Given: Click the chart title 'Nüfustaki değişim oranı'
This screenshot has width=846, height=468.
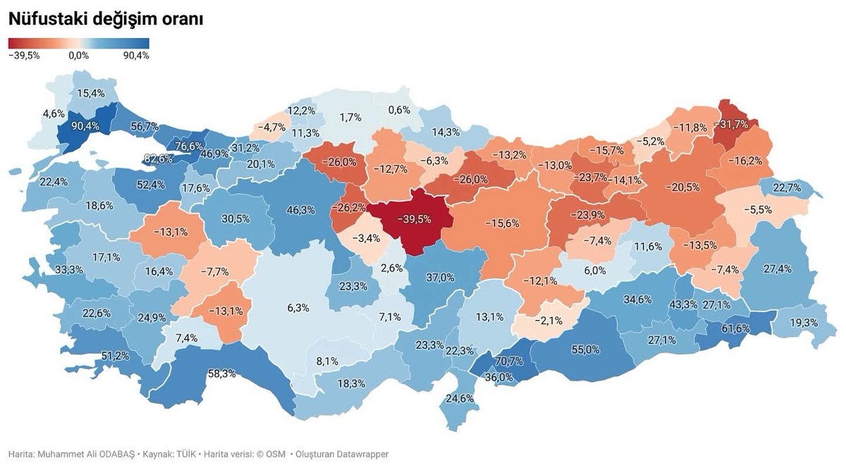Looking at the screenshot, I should click(106, 20).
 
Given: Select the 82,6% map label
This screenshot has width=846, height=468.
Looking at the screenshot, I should click(158, 159).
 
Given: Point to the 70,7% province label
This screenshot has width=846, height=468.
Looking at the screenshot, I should click(509, 362).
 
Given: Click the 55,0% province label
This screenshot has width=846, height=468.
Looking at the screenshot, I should click(585, 349).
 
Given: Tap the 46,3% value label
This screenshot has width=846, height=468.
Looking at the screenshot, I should click(301, 209).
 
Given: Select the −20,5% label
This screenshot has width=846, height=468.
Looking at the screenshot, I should click(686, 187).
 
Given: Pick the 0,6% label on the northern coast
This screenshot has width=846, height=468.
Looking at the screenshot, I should click(399, 109).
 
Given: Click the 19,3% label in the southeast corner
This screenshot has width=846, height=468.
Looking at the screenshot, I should click(804, 322).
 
